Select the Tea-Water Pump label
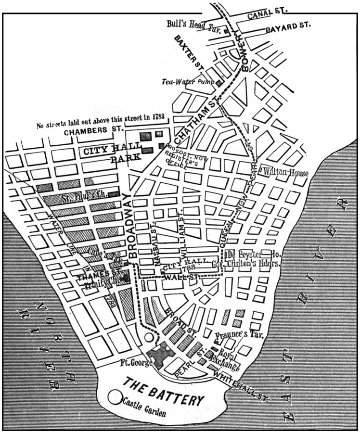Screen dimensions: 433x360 188,81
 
